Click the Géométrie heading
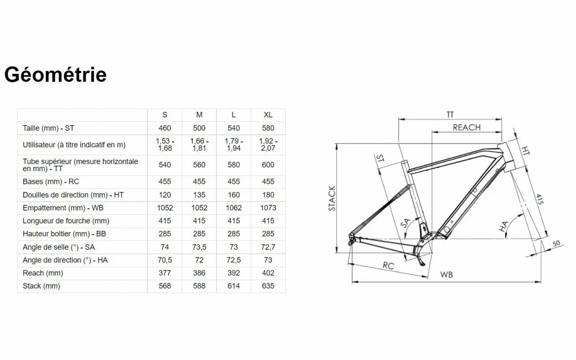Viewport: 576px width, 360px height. click(x=55, y=74)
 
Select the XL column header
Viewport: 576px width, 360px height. click(x=268, y=115)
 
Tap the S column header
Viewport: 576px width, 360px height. click(x=164, y=115)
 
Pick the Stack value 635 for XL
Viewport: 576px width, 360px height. click(x=268, y=286)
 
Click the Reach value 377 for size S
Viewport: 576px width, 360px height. click(x=164, y=273)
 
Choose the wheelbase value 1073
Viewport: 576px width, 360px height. click(x=268, y=208)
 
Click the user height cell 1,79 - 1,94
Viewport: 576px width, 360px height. click(x=233, y=145)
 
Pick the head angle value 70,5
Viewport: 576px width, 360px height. click(x=164, y=260)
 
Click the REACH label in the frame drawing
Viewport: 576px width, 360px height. click(x=466, y=127)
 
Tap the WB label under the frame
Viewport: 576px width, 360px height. click(x=446, y=275)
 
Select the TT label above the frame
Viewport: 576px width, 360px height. click(x=450, y=115)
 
